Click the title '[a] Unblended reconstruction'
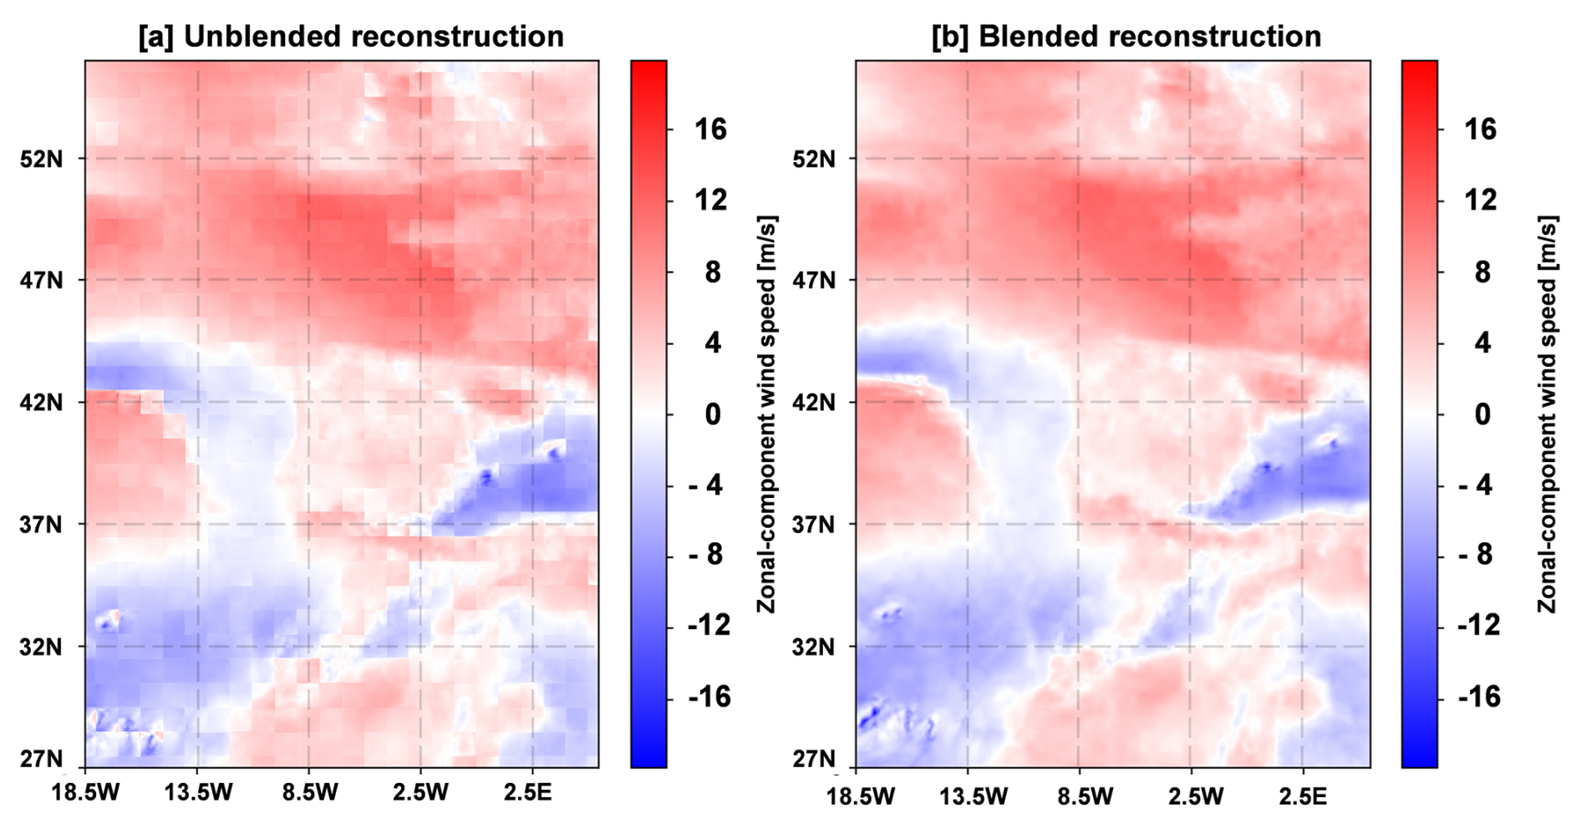351,37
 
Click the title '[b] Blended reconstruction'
1126,37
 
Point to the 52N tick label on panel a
41,159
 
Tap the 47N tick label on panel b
813,280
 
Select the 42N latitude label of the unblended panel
41,402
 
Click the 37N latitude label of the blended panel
813,525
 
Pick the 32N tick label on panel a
41,647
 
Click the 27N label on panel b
813,759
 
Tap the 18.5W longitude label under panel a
85,793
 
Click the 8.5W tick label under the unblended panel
309,793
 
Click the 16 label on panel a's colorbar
710,130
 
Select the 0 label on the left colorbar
712,414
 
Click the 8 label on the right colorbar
1482,272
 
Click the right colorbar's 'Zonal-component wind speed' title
1547,414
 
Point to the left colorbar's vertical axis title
767,414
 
